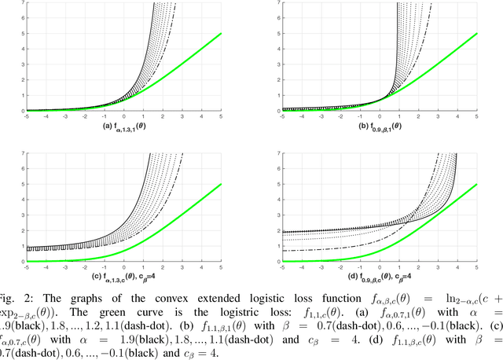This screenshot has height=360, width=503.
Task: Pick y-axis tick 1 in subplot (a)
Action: (3, 96)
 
